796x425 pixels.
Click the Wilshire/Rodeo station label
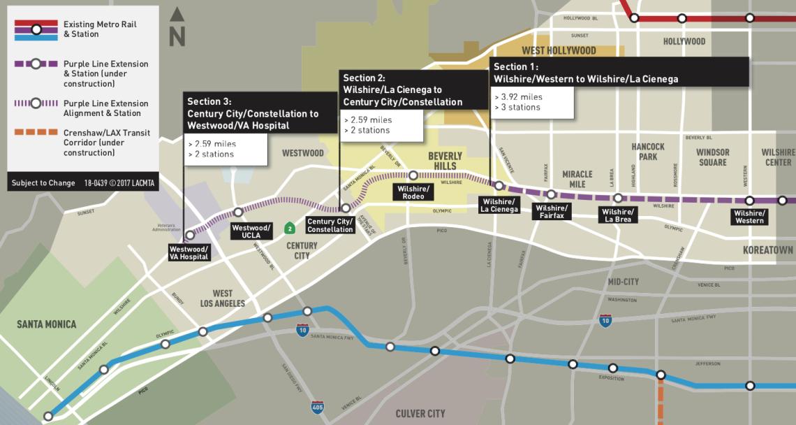point(413,192)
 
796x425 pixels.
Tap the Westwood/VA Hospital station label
point(189,252)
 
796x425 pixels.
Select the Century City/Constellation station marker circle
point(345,208)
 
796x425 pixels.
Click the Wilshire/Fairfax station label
point(551,211)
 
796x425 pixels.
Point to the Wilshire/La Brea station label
point(618,215)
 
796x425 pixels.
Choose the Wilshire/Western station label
point(749,217)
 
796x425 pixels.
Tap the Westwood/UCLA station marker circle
point(238,212)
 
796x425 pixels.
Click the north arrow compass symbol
point(177,28)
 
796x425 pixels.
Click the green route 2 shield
point(289,228)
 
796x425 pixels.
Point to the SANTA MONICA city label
point(47,324)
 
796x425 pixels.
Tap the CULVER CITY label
point(420,414)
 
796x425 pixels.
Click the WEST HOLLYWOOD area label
point(559,50)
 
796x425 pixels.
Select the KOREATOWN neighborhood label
point(768,250)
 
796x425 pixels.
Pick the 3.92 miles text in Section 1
point(517,96)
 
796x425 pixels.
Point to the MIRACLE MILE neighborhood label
point(577,179)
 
